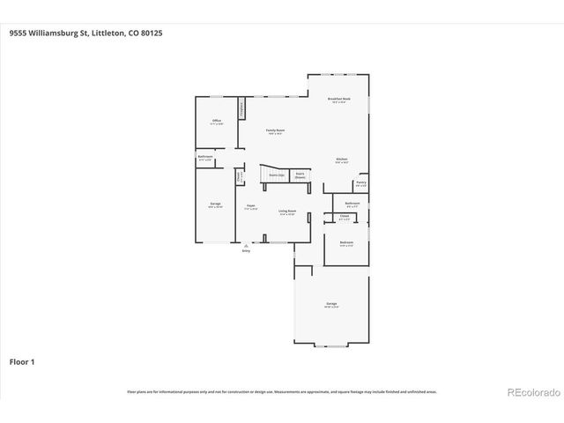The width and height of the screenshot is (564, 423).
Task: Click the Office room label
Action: [216, 121]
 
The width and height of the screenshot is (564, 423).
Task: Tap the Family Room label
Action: [276, 130]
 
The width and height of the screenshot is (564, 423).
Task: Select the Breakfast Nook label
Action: [339, 100]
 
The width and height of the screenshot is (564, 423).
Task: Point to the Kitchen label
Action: [341, 160]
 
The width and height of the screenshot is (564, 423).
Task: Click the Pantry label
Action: [361, 183]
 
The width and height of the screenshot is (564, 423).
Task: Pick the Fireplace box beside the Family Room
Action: [241, 113]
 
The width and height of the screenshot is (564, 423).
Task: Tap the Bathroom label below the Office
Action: [205, 157]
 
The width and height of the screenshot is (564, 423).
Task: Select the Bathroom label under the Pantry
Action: [352, 203]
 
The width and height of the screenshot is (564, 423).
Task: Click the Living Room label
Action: [287, 211]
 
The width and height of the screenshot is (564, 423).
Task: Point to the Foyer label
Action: [250, 206]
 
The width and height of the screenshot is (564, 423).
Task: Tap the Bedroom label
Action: [346, 241]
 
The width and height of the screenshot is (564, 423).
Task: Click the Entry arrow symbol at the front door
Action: [246, 246]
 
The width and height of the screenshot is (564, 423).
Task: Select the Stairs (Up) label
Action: [276, 175]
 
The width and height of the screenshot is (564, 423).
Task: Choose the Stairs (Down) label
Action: [301, 174]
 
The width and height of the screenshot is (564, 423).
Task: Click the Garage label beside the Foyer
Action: [216, 204]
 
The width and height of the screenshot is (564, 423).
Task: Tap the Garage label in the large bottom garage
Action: [330, 304]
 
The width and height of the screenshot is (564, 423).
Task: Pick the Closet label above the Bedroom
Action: [345, 216]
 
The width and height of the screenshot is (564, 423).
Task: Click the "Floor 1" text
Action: [23, 361]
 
